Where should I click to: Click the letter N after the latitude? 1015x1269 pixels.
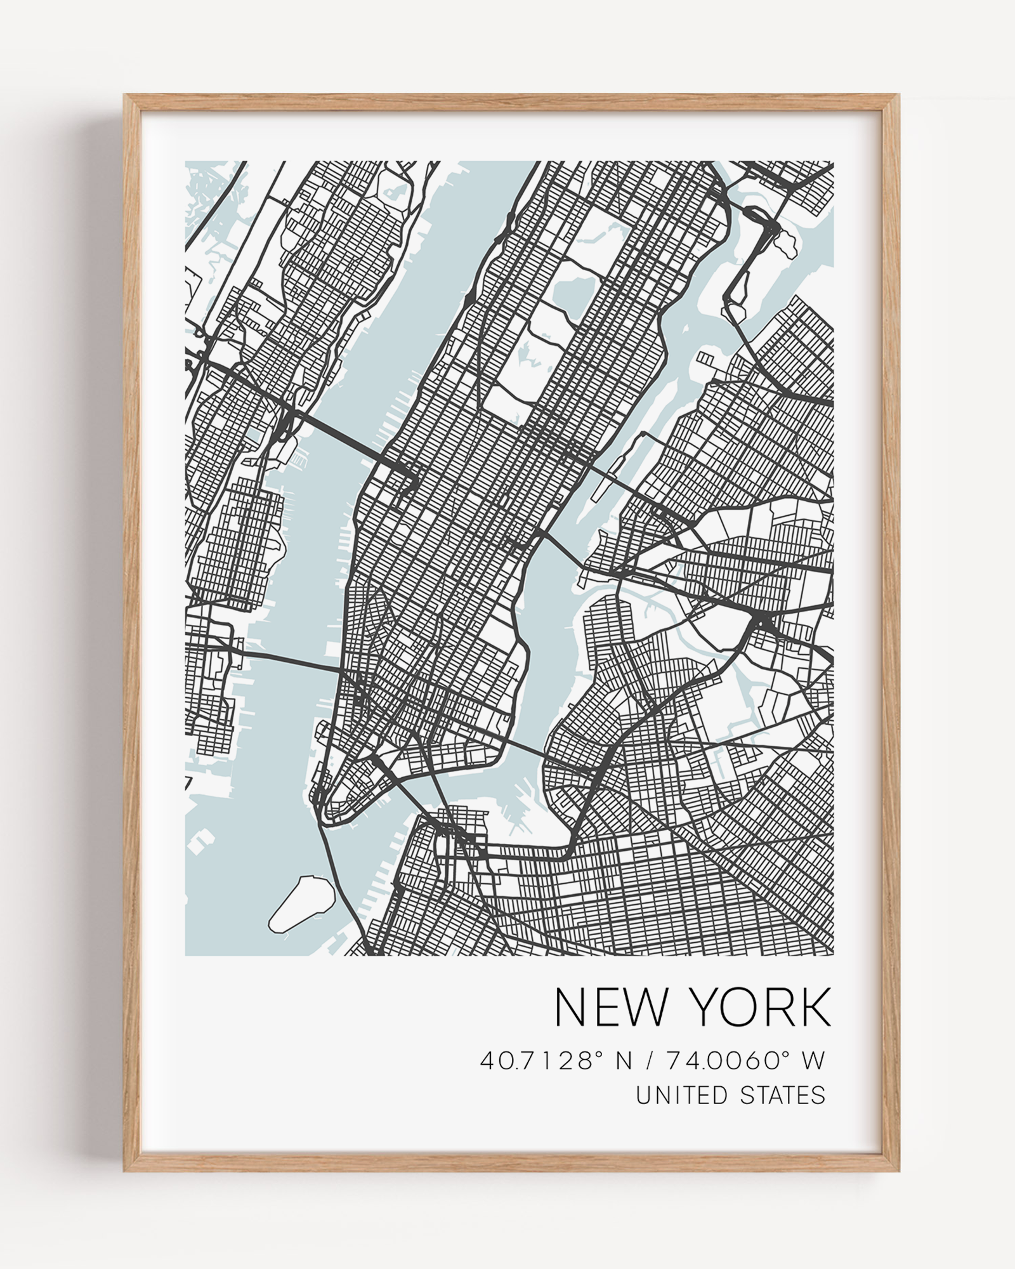(624, 1060)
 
